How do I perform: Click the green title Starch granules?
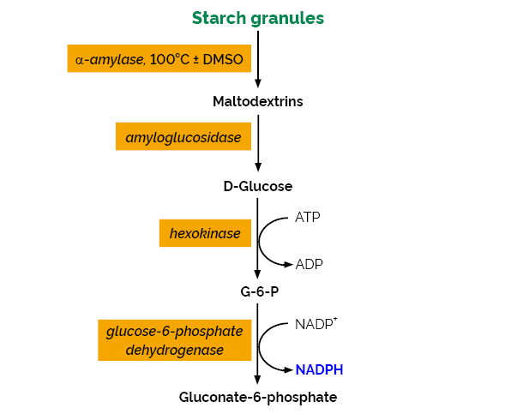258,18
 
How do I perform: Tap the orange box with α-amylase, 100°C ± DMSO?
159,59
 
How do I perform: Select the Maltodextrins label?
258,102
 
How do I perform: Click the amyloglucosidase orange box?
183,136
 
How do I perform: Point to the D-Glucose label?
258,186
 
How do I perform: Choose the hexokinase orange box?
199,233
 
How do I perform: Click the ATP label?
308,217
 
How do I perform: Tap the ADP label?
309,264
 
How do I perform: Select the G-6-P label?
258,291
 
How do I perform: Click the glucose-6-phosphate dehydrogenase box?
175,340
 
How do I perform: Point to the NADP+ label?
316,325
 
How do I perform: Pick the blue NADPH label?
319,370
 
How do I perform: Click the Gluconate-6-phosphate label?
258,397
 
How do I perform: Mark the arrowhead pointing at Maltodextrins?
258,83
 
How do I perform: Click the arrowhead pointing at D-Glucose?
258,169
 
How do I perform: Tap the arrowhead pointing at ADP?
288,264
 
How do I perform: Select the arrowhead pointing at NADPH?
288,370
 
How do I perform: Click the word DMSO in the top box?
222,59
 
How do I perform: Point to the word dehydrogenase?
175,350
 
